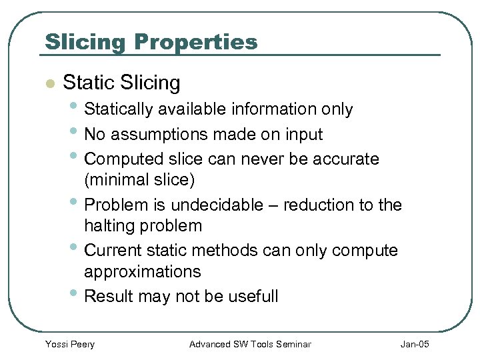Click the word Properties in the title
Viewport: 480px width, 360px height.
coord(195,43)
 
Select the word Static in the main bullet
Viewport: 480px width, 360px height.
coord(89,83)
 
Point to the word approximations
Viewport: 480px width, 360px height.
coord(142,271)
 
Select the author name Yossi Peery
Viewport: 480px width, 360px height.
coord(69,344)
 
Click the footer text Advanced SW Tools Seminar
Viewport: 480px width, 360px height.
coord(250,344)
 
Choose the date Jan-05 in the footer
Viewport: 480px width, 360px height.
coord(415,344)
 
